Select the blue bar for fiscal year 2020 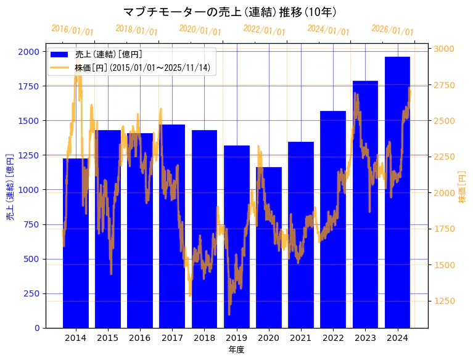[x=268, y=247]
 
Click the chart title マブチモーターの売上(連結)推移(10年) [x=230, y=12]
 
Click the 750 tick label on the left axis [x=31, y=224]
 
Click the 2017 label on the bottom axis [x=172, y=338]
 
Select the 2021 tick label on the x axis [x=301, y=338]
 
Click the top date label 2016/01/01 [x=72, y=30]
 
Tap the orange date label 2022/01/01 [x=264, y=30]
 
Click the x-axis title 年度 [x=236, y=350]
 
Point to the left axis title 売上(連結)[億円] [x=10, y=187]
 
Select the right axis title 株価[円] [x=463, y=187]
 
